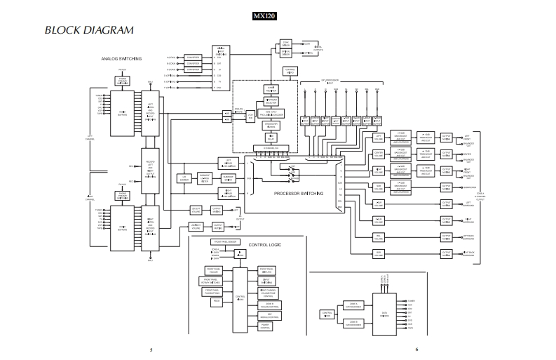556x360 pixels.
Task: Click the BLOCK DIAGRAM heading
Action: (x=89, y=30)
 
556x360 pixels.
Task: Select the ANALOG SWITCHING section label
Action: (x=122, y=58)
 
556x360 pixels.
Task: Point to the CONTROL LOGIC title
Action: (x=264, y=244)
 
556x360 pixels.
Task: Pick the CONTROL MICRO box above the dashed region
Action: (x=290, y=70)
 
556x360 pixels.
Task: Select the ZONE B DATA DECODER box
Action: (x=353, y=324)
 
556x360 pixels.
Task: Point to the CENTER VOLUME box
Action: (x=379, y=154)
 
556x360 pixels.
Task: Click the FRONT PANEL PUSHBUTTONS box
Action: (x=212, y=292)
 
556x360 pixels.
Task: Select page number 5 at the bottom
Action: (x=150, y=349)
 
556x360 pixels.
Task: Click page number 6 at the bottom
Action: (x=416, y=349)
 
